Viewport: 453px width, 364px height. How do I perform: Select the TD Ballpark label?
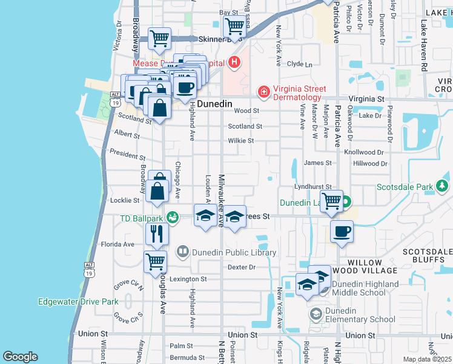coord(142,218)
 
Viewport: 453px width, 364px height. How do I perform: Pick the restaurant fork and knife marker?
coord(156,233)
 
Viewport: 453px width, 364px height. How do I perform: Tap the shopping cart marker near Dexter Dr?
coord(155,261)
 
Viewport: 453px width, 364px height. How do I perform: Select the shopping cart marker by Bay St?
coord(234,25)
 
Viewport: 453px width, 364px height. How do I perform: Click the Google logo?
coord(20,357)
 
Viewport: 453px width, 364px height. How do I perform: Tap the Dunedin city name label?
coord(215,104)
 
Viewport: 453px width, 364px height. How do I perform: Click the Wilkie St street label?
coord(240,141)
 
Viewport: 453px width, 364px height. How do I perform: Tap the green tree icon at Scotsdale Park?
coord(443,185)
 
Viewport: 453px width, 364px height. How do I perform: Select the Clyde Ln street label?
coord(299,64)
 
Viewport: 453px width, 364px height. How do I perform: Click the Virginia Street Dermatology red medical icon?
coord(263,92)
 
